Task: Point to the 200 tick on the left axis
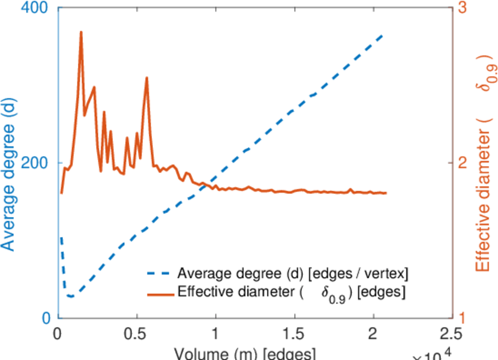click(40, 163)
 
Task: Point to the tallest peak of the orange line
click(81, 32)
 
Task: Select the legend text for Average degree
click(293, 274)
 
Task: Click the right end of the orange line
click(386, 193)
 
